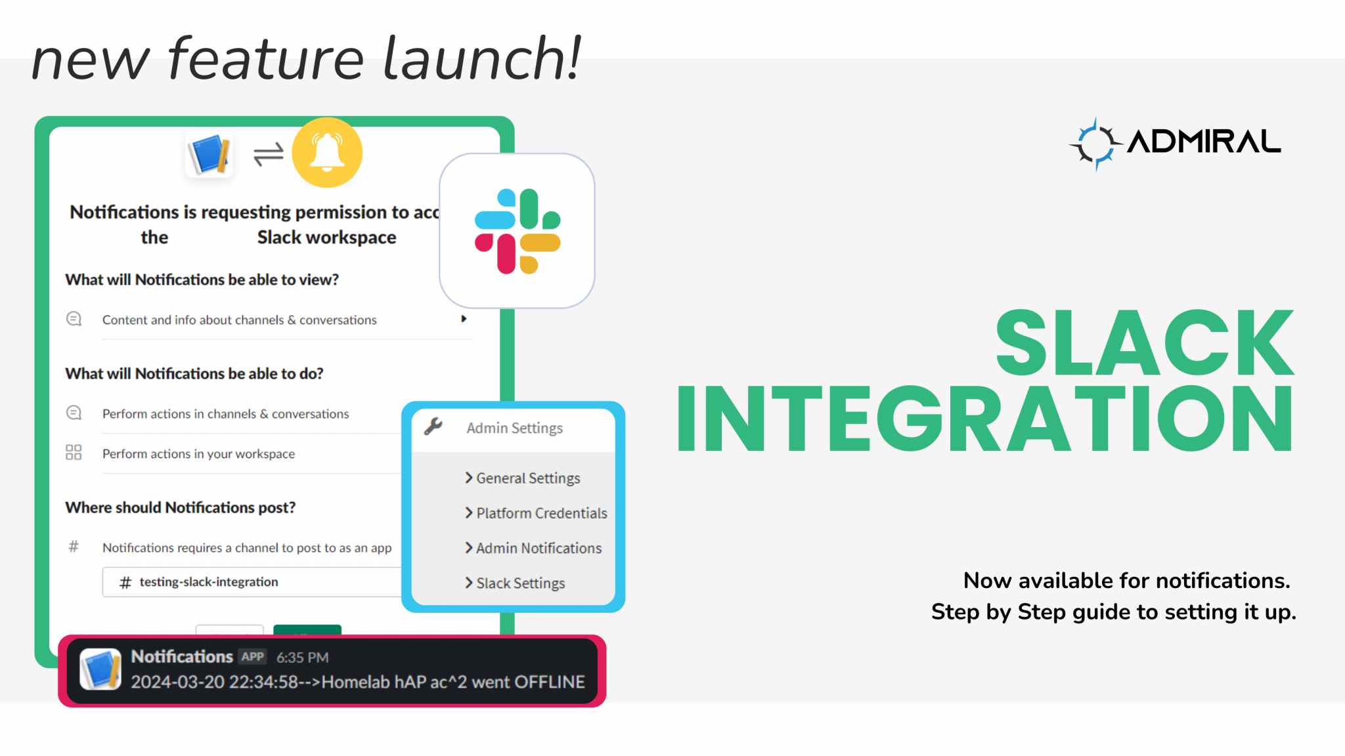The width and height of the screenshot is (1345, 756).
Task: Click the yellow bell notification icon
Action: [x=326, y=152]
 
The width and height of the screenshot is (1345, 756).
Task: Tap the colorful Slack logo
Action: [x=517, y=231]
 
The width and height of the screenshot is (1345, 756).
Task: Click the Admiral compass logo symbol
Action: [x=1095, y=144]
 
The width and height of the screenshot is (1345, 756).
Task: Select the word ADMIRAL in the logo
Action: [x=1204, y=142]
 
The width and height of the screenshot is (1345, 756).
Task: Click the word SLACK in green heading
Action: [x=1143, y=343]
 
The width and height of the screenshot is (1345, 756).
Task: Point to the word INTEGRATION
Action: [x=985, y=419]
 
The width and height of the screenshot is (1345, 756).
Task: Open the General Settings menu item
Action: [x=527, y=478]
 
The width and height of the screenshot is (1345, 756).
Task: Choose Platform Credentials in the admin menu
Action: [x=541, y=513]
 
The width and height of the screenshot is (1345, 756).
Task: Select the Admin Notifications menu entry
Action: [x=538, y=548]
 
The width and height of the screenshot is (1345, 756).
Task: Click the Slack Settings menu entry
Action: [x=519, y=583]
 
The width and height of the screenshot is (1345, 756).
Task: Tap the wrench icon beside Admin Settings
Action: [x=433, y=427]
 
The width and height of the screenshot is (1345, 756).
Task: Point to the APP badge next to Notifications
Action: [x=252, y=657]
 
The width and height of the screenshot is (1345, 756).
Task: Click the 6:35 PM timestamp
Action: [x=302, y=658]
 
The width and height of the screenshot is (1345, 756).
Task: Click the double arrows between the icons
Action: [x=268, y=155]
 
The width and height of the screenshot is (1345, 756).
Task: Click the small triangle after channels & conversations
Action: [x=464, y=319]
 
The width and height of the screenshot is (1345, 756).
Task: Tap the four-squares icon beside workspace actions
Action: [x=74, y=453]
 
